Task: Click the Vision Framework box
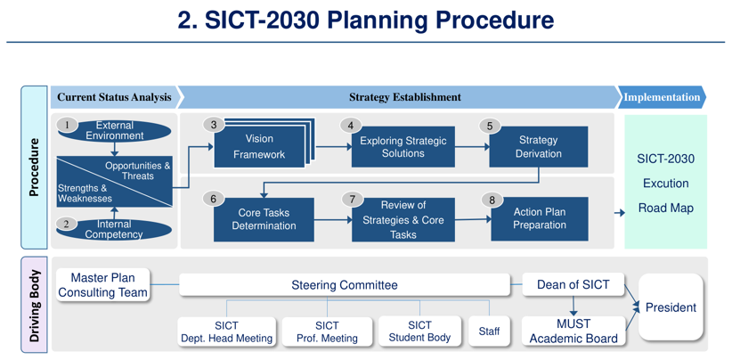(259, 147)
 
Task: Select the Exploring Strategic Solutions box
(403, 147)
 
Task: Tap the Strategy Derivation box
(538, 147)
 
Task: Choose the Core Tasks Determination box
(264, 219)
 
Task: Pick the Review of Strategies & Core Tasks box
(403, 219)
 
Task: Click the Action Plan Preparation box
(539, 219)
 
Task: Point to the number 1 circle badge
(66, 126)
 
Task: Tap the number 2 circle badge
(66, 224)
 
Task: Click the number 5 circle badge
(489, 126)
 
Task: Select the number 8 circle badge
(492, 200)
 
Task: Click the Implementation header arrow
(661, 97)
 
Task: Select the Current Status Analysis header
(114, 97)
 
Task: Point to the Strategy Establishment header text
(404, 97)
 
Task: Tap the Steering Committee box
(345, 285)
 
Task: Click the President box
(671, 307)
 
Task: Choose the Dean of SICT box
(573, 285)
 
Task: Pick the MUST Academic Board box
(573, 331)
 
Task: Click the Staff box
(489, 331)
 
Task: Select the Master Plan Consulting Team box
(102, 285)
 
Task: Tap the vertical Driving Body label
(34, 306)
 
